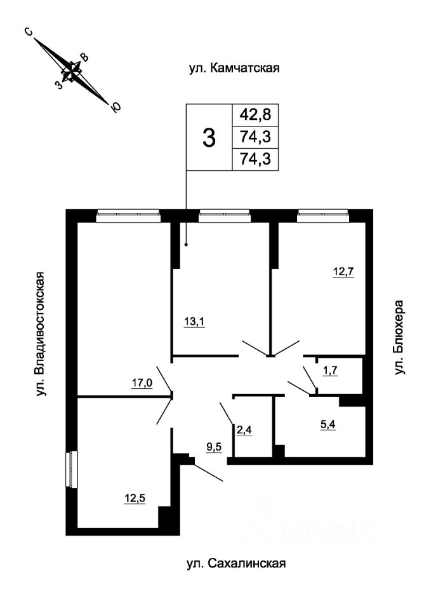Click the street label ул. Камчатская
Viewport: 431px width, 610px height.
[x=234, y=69]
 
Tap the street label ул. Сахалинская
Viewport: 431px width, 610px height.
[x=236, y=564]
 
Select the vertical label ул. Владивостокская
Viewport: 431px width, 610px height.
[x=41, y=335]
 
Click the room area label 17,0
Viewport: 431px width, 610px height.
[x=142, y=383]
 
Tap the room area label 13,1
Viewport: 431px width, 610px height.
[x=194, y=322]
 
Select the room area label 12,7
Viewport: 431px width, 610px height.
[x=343, y=271]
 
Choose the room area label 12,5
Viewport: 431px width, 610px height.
[x=135, y=498]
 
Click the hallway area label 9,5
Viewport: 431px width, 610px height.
[x=213, y=447]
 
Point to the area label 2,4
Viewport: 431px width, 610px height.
[x=244, y=430]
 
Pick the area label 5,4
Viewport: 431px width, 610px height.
[x=328, y=424]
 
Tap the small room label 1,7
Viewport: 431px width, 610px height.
[x=329, y=370]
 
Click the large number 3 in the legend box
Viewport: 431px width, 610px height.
[x=209, y=138]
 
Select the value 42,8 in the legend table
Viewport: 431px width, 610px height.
[x=255, y=115]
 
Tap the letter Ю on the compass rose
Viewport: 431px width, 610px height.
[x=116, y=108]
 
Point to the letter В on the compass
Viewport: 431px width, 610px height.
[x=84, y=58]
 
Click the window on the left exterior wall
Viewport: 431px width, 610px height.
[x=72, y=469]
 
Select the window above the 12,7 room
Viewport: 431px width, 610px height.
[x=322, y=216]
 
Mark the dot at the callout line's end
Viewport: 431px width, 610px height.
[x=186, y=245]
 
